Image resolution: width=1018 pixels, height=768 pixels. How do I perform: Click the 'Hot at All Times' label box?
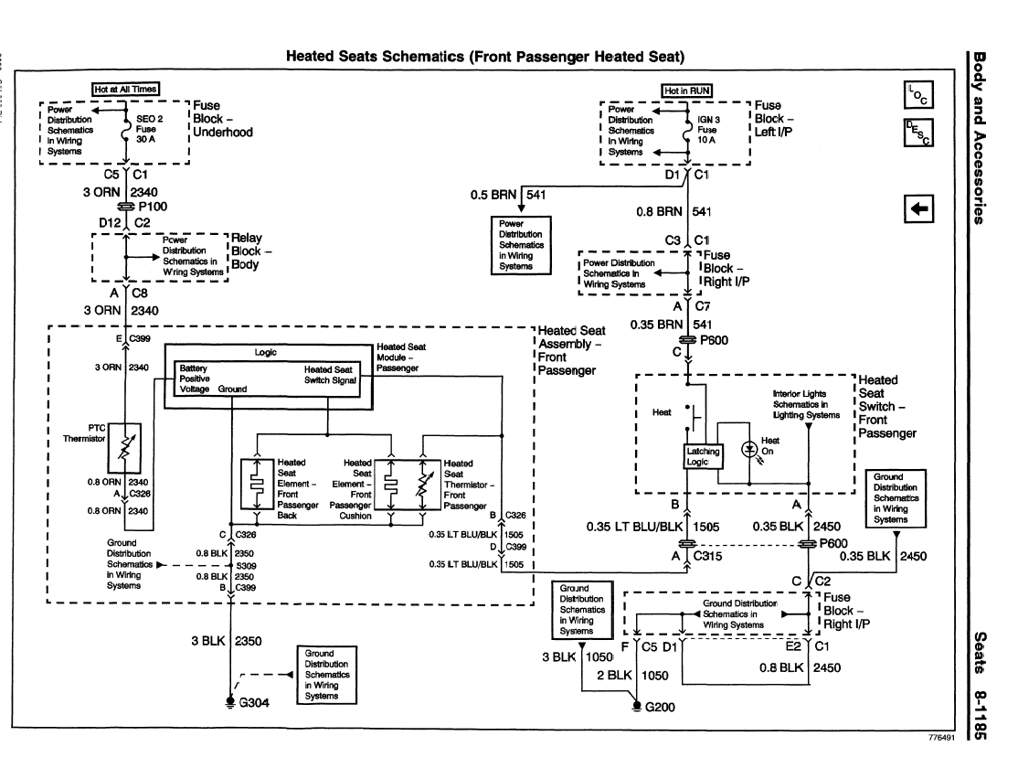click(x=126, y=89)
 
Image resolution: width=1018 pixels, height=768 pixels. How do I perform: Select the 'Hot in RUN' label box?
click(x=687, y=91)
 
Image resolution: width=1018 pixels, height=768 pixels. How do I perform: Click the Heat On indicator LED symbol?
click(x=750, y=449)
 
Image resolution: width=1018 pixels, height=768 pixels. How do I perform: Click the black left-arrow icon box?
click(x=917, y=209)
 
